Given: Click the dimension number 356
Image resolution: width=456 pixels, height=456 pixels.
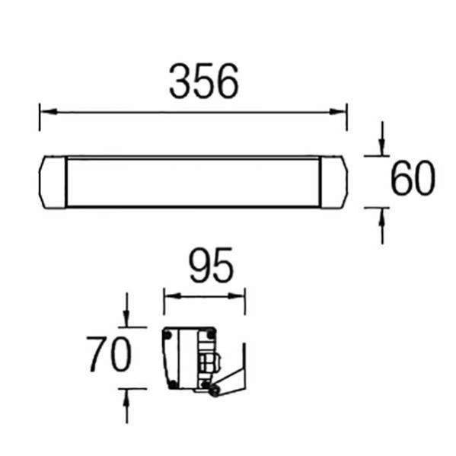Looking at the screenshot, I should tap(204, 81).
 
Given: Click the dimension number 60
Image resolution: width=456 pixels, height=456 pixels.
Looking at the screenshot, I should tap(413, 180).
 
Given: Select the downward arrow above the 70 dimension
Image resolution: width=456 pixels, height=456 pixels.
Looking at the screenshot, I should tap(127, 320).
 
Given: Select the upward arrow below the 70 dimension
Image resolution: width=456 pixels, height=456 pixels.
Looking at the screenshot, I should tap(127, 395).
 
